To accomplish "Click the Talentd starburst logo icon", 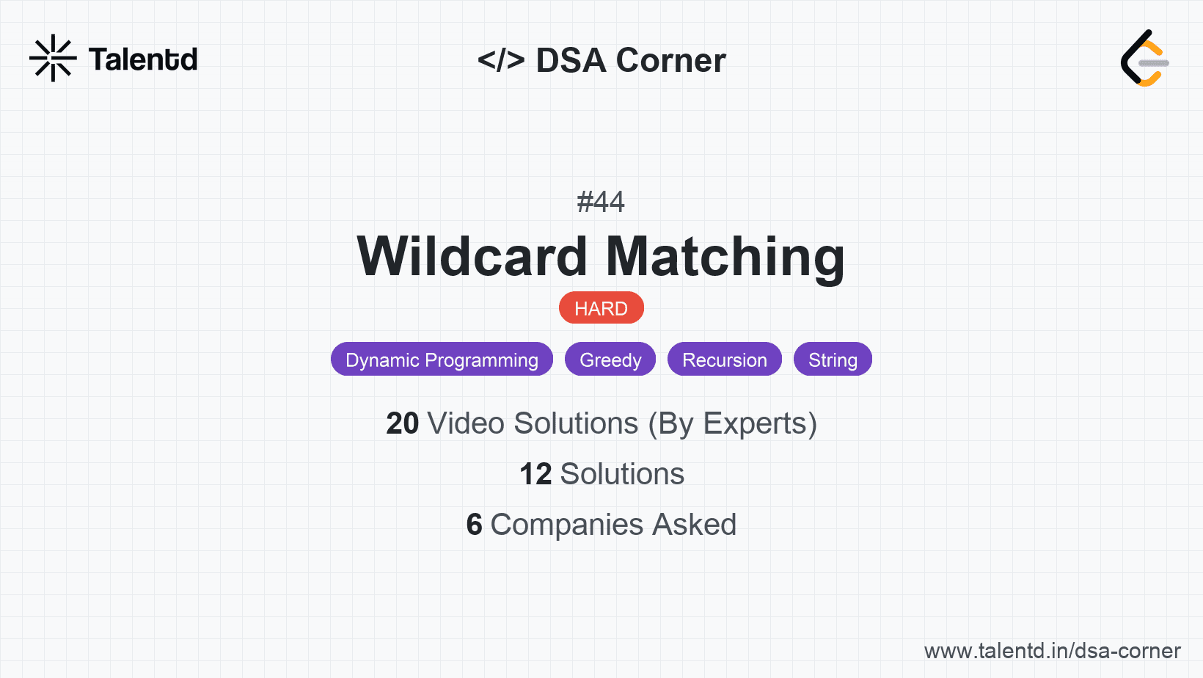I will click(x=53, y=58).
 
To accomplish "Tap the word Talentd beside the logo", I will click(x=143, y=59).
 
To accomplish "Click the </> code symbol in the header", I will click(x=501, y=60).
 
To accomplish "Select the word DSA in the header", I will click(x=571, y=60).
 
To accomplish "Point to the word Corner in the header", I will click(x=670, y=60).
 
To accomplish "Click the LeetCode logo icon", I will click(x=1144, y=58).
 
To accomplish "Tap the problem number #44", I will click(x=601, y=202).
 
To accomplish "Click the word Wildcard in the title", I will click(x=472, y=257).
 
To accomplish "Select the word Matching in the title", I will click(x=725, y=257).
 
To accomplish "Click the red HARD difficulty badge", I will click(x=601, y=308).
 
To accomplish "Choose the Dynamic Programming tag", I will click(x=442, y=360).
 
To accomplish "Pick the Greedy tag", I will click(x=610, y=360).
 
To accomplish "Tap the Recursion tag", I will click(x=724, y=360).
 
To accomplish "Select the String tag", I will click(x=833, y=360).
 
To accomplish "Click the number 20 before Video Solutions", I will click(x=402, y=423).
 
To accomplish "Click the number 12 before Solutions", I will click(x=535, y=474).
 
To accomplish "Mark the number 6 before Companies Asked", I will click(x=475, y=525).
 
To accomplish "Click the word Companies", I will click(x=567, y=525).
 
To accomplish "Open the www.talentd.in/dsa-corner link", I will click(x=1052, y=651).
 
